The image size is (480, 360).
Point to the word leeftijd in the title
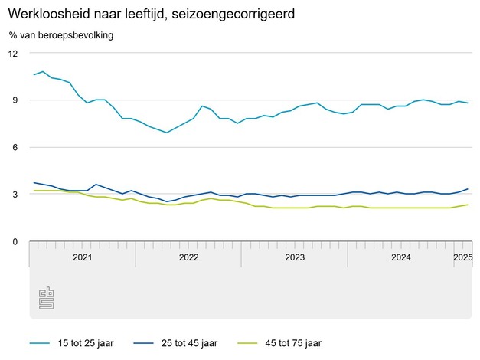coord(136,15)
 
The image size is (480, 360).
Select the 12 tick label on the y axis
coord(13,54)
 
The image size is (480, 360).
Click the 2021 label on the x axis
coord(82,257)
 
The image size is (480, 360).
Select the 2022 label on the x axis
coord(188,257)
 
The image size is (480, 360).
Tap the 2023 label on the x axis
coord(295,257)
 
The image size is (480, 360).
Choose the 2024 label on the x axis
coord(400,257)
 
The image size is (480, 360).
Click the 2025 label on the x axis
coord(462,257)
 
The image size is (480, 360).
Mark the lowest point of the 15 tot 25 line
coord(166,133)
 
